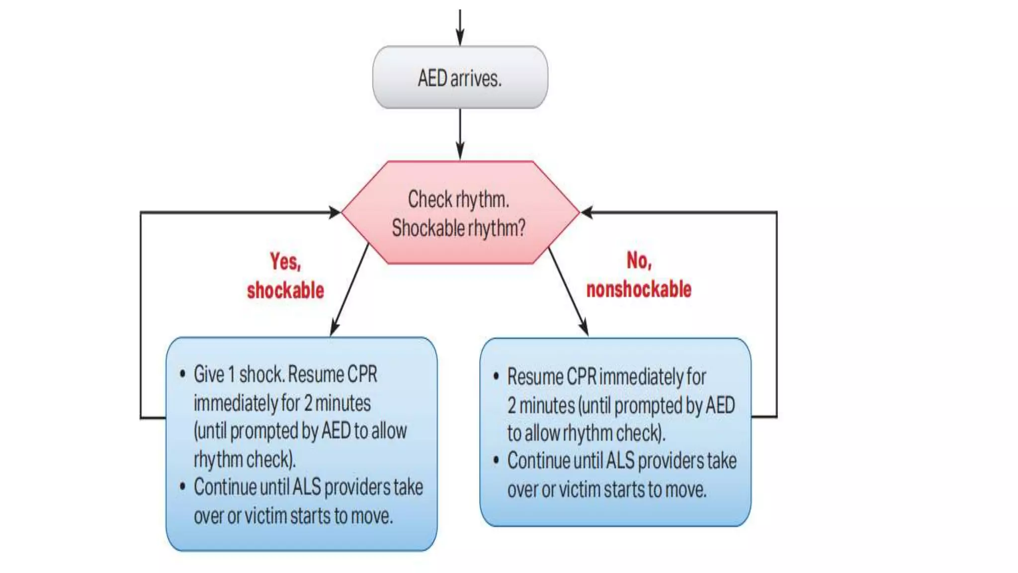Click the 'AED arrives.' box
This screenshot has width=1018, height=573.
[x=460, y=78]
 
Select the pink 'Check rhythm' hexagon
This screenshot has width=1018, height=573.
[x=460, y=212]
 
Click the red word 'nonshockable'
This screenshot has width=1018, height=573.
[x=639, y=289]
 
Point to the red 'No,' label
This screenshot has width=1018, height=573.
[x=639, y=261]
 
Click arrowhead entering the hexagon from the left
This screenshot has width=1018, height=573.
[x=335, y=212]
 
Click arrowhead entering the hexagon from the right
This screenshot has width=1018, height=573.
[x=587, y=212]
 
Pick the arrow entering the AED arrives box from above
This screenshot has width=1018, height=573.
[x=460, y=27]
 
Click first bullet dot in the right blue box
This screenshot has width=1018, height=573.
[x=496, y=377]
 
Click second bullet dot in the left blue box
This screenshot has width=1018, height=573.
[x=182, y=486]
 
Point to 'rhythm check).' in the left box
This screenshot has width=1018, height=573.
[x=245, y=459]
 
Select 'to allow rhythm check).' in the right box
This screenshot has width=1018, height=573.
[x=586, y=433]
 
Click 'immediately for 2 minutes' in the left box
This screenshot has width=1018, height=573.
[x=282, y=403]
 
